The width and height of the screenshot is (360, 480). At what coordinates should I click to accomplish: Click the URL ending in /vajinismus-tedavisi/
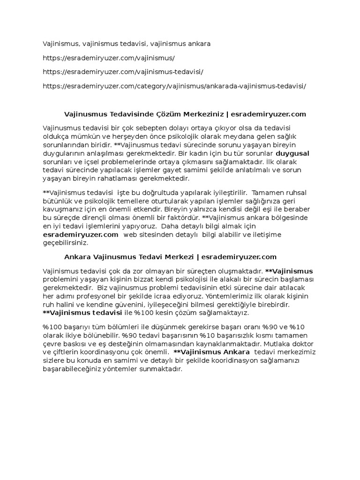[123, 72]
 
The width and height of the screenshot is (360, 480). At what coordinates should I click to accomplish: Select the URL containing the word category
[174, 86]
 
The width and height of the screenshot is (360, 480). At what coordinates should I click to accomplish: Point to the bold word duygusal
[292, 153]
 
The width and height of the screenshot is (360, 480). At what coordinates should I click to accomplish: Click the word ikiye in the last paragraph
[79, 335]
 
